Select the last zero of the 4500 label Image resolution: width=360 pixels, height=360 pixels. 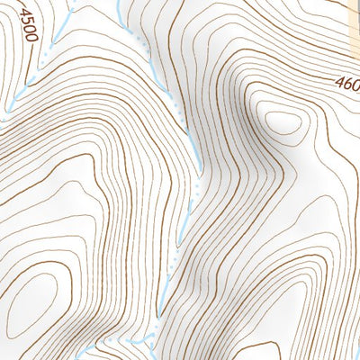(32, 39)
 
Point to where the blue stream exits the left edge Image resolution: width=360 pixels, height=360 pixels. (3, 110)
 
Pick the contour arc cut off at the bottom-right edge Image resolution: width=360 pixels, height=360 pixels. (346, 346)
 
